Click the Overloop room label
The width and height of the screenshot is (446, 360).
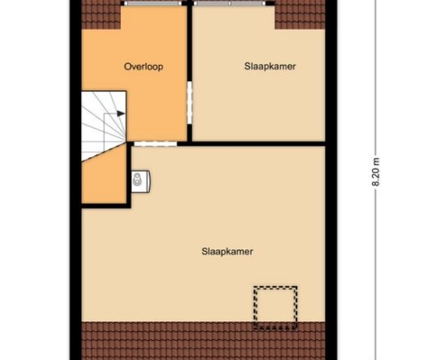(x=143, y=67)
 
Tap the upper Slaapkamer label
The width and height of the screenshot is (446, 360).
(x=270, y=67)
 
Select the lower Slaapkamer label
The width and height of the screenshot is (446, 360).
(x=227, y=251)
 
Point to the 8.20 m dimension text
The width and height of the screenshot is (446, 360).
(x=376, y=172)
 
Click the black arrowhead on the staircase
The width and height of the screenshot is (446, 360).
(x=121, y=113)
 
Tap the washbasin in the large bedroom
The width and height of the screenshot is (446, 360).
(x=141, y=182)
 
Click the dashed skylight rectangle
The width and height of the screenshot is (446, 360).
(x=276, y=308)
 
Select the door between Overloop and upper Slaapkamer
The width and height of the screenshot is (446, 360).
(x=189, y=103)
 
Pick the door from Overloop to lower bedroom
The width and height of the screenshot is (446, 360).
(x=155, y=144)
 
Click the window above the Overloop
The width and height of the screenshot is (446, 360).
(x=153, y=4)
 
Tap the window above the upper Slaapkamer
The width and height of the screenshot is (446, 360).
(x=230, y=4)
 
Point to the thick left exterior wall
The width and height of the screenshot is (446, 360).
(x=76, y=180)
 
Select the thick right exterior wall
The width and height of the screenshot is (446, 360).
(x=332, y=180)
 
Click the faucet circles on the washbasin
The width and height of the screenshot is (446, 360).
(x=137, y=178)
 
